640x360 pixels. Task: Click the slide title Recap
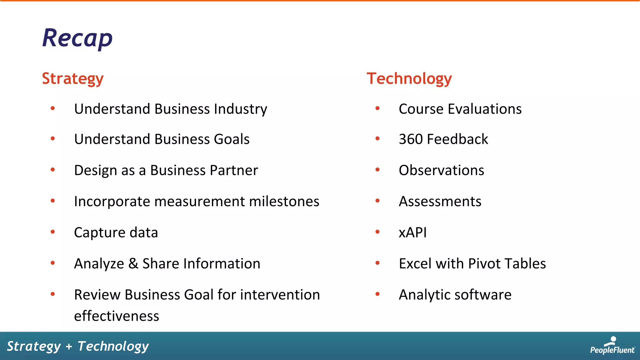tap(77, 38)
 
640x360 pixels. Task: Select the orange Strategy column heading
tap(72, 78)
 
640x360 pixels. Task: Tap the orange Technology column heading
tap(409, 78)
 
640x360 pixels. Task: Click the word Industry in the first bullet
tap(240, 109)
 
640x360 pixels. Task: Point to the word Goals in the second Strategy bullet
tap(232, 139)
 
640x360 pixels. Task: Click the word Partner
tap(234, 170)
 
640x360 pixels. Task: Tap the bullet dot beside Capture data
tap(53, 232)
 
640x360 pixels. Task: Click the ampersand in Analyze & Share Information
tap(133, 263)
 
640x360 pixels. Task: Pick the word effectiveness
tap(117, 316)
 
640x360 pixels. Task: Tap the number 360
tap(411, 139)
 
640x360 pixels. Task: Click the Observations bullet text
tap(441, 170)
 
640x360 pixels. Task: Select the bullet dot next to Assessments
tap(377, 201)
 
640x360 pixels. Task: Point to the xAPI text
tap(412, 232)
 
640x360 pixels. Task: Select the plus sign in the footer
tap(69, 346)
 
